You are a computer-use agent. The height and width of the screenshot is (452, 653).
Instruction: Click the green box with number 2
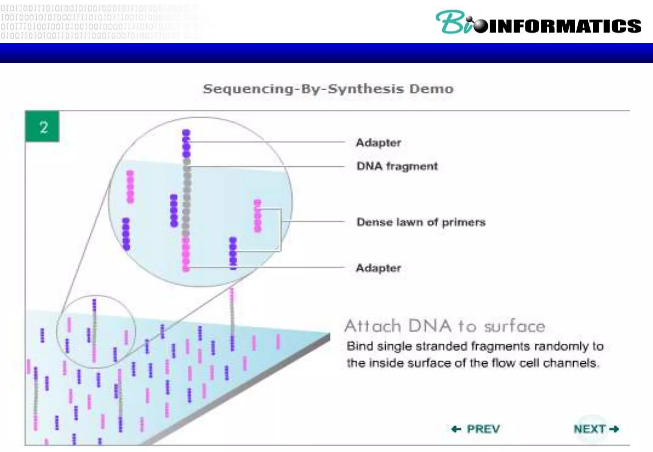tap(42, 127)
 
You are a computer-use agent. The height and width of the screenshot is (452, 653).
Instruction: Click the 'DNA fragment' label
tap(397, 166)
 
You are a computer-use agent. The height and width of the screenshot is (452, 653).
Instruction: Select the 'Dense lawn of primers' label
tap(421, 222)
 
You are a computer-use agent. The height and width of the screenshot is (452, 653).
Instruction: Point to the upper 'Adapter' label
tap(378, 142)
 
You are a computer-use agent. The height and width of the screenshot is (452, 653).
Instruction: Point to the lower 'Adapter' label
tap(378, 268)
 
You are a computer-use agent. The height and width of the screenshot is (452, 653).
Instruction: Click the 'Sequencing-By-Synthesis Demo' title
tap(328, 89)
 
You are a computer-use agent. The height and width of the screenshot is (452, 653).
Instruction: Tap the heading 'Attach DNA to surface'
tap(445, 326)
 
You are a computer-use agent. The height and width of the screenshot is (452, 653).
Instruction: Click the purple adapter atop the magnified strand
tap(186, 144)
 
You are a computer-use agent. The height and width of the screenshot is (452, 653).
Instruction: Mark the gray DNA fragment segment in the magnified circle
tap(187, 198)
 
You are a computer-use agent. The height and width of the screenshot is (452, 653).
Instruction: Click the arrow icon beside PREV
tap(456, 429)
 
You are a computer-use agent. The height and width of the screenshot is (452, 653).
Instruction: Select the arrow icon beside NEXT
tap(614, 429)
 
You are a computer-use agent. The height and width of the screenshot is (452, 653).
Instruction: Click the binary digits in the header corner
tap(96, 21)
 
